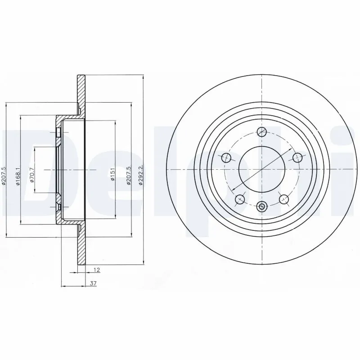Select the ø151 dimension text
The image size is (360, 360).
click(113, 174)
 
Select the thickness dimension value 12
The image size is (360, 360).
click(96, 270)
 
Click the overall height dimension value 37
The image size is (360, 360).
click(94, 283)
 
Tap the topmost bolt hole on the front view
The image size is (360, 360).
click(261, 131)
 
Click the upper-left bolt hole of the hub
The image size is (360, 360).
click(227, 157)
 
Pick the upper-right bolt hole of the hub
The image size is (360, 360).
click(297, 157)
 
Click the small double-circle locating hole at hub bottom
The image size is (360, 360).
click(261, 207)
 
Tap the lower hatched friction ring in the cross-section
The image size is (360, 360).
click(81, 245)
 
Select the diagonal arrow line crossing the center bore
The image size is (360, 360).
click(261, 169)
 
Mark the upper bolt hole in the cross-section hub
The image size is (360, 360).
click(58, 132)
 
